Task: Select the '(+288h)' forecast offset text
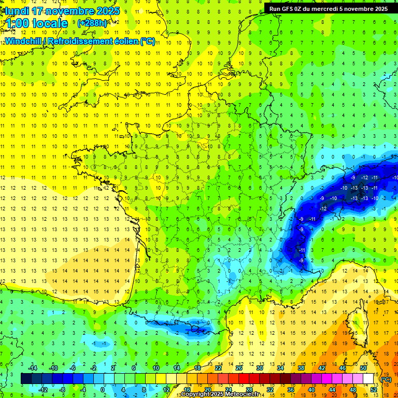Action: tap(92, 23)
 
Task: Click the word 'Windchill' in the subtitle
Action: tap(25, 41)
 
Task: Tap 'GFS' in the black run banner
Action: tap(290, 9)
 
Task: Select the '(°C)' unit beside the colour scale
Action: tap(386, 379)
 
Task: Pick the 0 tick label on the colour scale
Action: tap(103, 390)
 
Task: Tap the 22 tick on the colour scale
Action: tap(218, 368)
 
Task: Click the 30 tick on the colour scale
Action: tap(260, 368)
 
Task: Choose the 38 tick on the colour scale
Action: tap(301, 368)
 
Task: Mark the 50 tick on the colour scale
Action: tap(363, 368)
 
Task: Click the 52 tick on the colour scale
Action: tap(374, 390)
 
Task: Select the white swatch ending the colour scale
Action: tap(368, 379)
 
